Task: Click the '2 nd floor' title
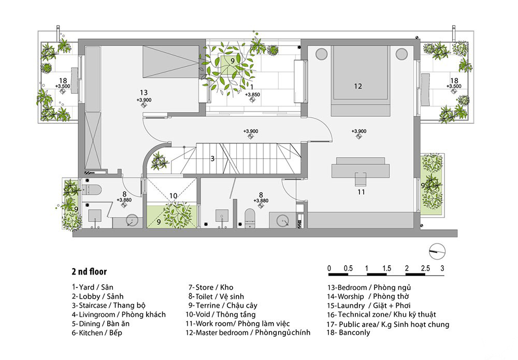[89, 271]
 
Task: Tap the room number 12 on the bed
[358, 86]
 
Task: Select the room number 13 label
[143, 93]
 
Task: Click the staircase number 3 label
[212, 159]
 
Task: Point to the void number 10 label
[173, 196]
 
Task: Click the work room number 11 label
[361, 192]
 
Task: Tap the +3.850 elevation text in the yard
[252, 94]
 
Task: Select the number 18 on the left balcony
[63, 80]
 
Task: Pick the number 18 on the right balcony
[454, 80]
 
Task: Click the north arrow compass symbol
[437, 252]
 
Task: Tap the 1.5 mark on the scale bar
[386, 268]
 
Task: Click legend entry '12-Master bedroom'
[248, 333]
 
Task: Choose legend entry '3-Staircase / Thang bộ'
[109, 306]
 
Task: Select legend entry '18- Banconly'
[348, 333]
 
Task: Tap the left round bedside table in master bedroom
[322, 54]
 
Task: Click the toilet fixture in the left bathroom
[91, 190]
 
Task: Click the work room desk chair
[361, 179]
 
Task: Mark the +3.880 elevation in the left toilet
[124, 200]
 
